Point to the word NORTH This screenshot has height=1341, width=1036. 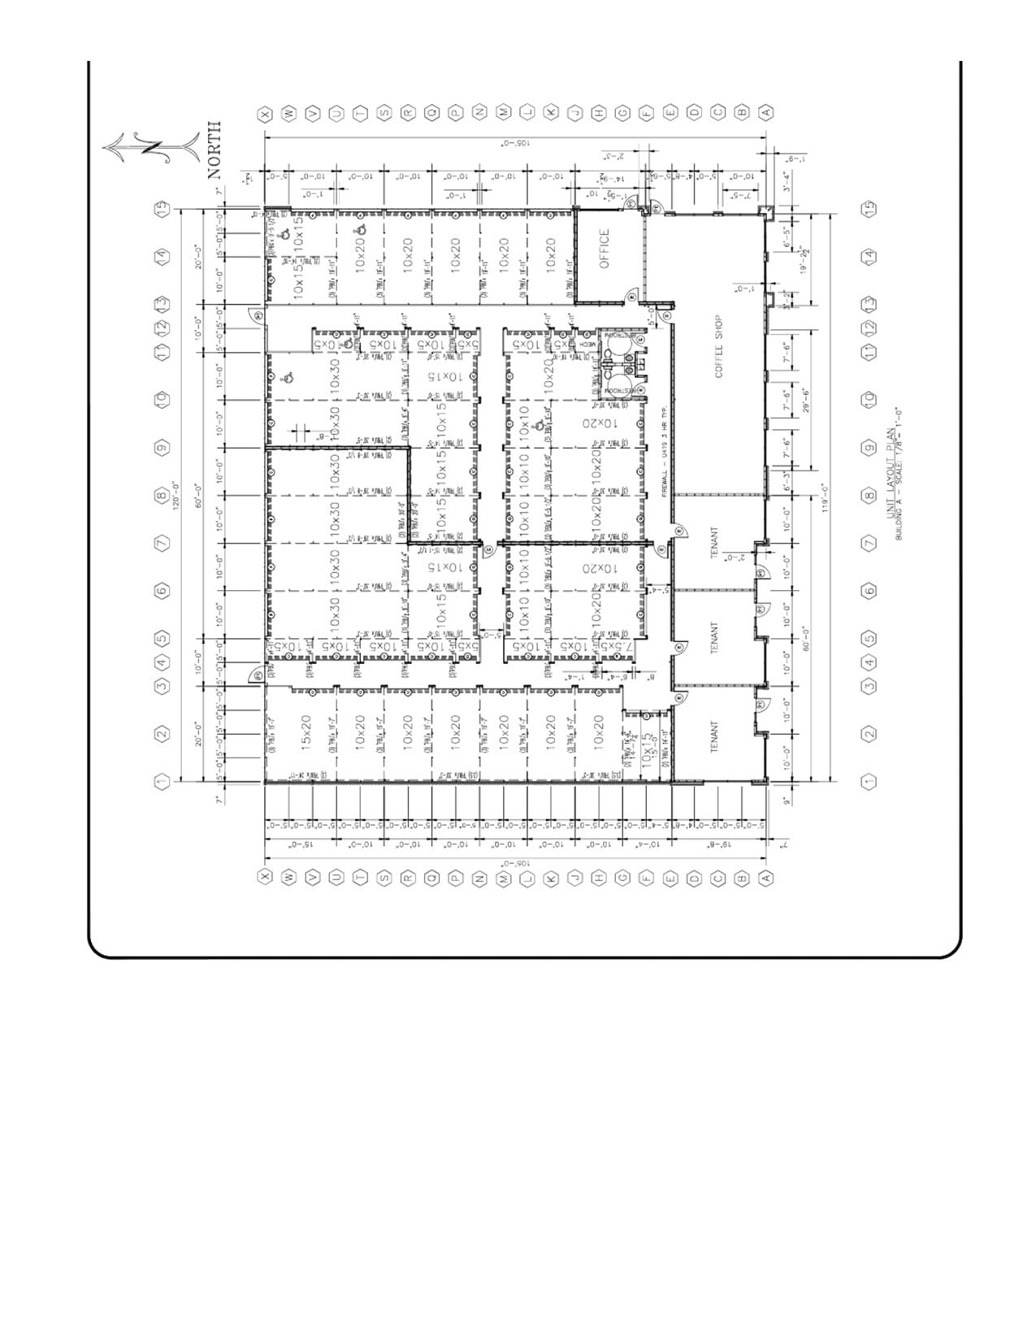tap(215, 150)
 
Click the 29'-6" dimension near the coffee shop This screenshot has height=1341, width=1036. tap(806, 400)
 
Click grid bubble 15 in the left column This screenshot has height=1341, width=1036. tap(163, 208)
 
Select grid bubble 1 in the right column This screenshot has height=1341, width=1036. tap(869, 781)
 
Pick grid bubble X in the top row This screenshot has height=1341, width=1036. tap(263, 113)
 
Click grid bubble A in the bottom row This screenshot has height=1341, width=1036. tap(765, 877)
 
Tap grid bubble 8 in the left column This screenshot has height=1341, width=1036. tap(163, 495)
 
